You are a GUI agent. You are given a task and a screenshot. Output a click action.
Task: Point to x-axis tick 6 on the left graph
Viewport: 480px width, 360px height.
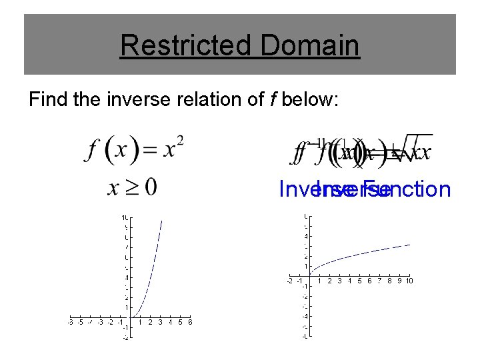190,322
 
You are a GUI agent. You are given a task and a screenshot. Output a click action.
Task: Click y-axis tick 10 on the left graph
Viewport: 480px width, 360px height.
125,218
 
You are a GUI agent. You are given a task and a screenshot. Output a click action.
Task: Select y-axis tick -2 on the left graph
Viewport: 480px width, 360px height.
125,338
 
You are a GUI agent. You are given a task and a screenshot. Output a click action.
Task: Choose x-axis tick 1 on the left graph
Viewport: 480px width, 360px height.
140,322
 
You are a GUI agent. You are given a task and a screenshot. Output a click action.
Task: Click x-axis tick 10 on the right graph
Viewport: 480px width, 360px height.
409,281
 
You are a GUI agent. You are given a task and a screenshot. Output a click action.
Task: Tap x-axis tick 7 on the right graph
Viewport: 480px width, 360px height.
379,281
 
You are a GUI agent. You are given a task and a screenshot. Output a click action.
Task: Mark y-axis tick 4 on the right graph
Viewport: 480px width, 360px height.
305,236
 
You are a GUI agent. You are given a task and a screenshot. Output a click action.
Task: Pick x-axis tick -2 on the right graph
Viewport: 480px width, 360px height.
289,281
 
